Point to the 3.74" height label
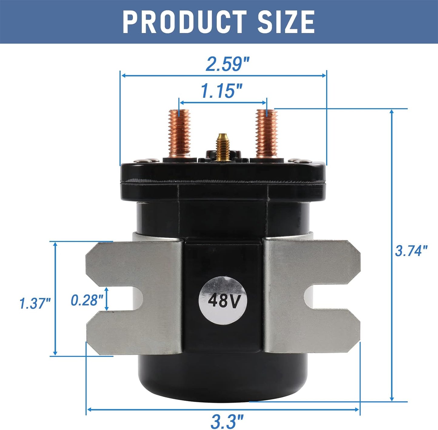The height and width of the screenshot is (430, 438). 411,251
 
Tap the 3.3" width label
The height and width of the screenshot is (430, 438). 227,421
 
